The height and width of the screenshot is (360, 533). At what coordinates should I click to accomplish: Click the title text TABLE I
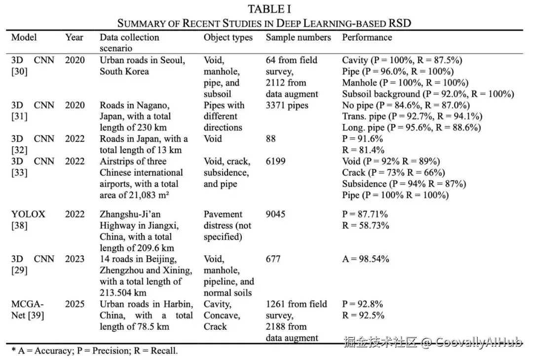pos(269,9)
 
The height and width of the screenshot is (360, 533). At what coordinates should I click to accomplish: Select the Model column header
pos(24,38)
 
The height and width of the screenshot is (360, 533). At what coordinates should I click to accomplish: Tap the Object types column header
pos(228,38)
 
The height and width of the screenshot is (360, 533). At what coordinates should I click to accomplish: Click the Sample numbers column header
pos(298,38)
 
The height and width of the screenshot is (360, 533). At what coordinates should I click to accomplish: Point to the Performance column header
pos(367,38)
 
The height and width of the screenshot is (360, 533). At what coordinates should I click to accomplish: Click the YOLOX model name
pos(28,214)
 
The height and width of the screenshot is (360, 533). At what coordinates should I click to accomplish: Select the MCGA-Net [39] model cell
pos(28,310)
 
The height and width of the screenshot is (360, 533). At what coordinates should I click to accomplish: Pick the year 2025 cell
pos(75,304)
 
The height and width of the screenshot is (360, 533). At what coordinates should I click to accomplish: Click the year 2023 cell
pos(75,259)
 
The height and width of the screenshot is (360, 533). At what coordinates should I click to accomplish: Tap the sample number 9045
pos(275,214)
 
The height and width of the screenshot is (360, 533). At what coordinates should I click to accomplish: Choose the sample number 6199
pos(275,161)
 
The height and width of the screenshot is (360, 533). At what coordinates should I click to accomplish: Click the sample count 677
pos(273,259)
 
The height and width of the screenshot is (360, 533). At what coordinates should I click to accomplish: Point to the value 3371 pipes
pos(287,105)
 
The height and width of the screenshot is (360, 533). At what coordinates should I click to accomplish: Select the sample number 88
pos(271,139)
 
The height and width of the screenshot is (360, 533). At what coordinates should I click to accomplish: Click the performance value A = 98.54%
pos(366,259)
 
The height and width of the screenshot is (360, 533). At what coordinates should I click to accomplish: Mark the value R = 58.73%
pos(365,226)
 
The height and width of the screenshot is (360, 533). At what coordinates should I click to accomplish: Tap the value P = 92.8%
pos(362,304)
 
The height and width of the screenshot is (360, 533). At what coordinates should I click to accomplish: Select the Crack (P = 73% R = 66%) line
pos(393,173)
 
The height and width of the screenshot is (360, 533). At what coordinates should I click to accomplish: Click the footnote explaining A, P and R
pos(94,351)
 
